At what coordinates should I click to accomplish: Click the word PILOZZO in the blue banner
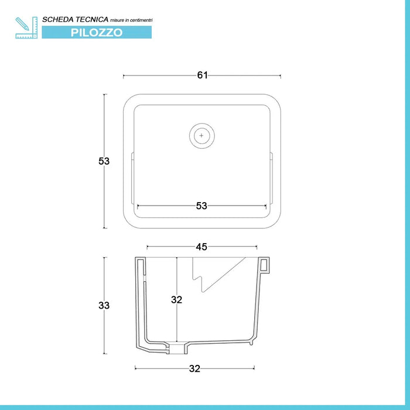point(97,32)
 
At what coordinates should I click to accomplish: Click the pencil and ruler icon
point(26,28)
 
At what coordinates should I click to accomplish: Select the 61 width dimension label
point(203,76)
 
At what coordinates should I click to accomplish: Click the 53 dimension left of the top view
point(104,161)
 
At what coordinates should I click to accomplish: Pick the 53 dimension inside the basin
point(201,206)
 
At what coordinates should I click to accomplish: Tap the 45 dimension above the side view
point(201,247)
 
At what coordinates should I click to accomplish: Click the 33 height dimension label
point(104,305)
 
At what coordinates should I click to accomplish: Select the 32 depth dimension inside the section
point(176,300)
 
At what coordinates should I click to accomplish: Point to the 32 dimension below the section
point(194,368)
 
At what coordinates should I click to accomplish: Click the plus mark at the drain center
point(201,136)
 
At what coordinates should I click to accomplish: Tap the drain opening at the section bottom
point(178,349)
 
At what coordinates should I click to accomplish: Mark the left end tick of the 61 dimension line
point(124,76)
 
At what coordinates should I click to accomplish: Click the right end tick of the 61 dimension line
point(281,76)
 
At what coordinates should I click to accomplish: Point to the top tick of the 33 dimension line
point(105,258)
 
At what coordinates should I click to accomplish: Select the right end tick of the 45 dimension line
point(257,247)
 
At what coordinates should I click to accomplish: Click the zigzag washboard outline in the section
point(218,274)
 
